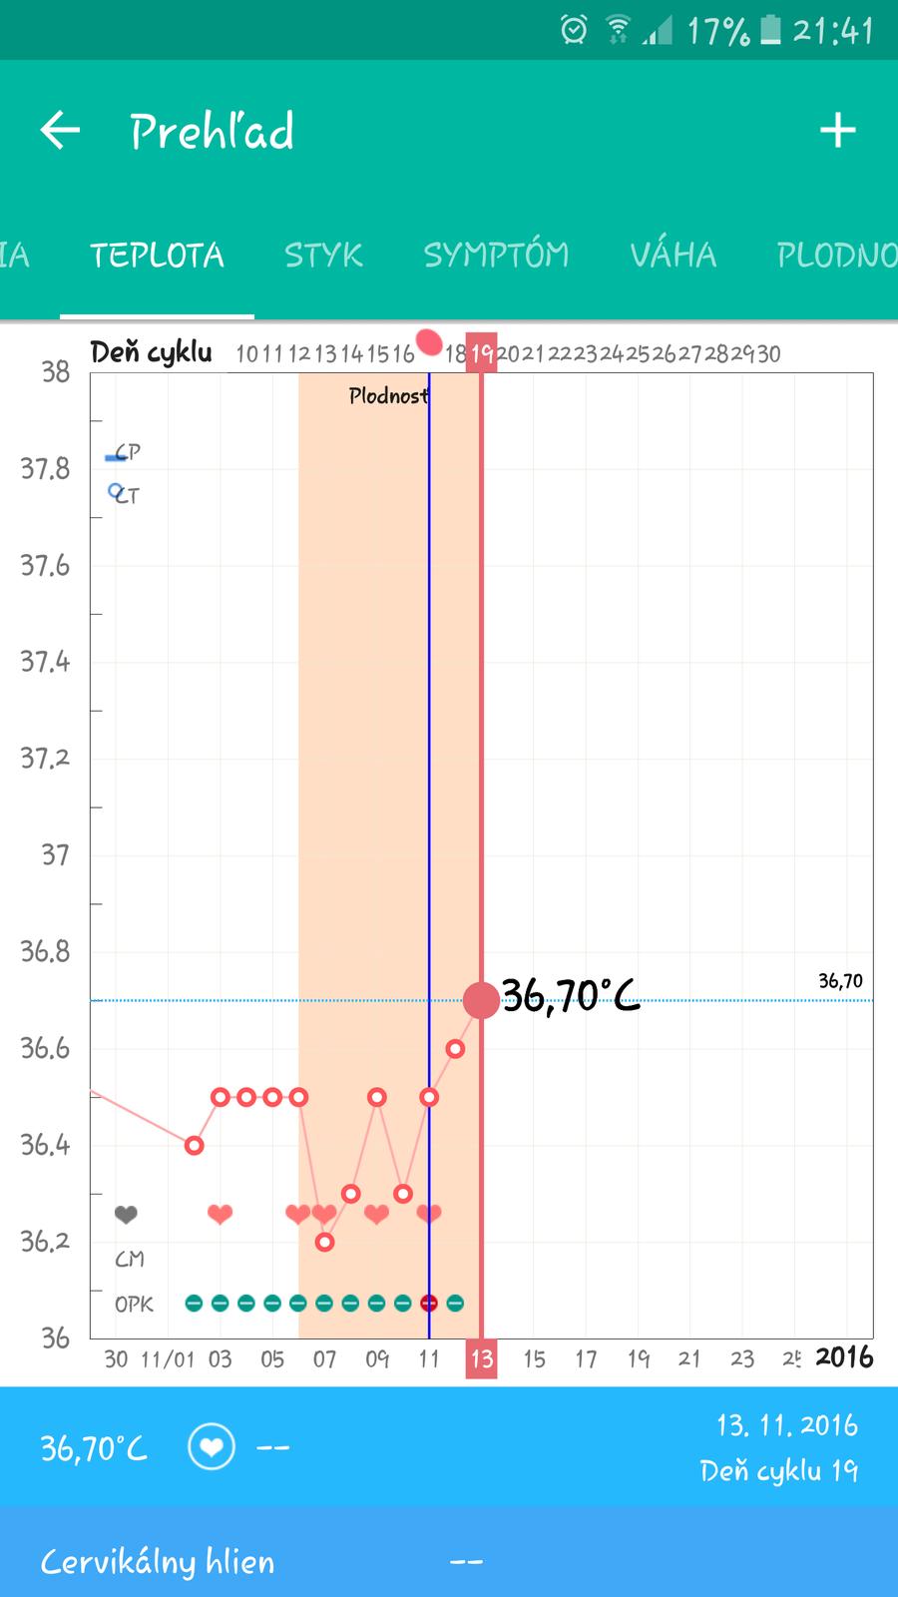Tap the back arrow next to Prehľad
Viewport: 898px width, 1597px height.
60,131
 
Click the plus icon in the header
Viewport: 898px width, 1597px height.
837,131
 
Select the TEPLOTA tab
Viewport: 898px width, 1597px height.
157,256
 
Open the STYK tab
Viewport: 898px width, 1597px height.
323,256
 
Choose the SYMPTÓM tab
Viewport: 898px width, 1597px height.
496,256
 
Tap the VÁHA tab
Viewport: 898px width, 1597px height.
673,256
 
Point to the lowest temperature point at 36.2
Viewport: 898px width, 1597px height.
324,1242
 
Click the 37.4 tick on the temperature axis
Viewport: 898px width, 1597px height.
46,662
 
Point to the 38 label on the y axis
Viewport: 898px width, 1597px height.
56,372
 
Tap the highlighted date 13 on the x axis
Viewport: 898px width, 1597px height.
482,1358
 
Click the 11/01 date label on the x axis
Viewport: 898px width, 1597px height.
168,1359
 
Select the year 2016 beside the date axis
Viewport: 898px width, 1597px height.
844,1357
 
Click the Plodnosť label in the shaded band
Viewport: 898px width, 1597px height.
388,396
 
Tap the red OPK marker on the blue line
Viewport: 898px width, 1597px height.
429,1303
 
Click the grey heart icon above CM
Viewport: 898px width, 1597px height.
126,1215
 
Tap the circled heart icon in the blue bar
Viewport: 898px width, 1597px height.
212,1447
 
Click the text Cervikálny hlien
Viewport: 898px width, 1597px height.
158,1562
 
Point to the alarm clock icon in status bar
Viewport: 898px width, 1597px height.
574,30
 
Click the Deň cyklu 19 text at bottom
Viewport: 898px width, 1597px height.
778,1471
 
